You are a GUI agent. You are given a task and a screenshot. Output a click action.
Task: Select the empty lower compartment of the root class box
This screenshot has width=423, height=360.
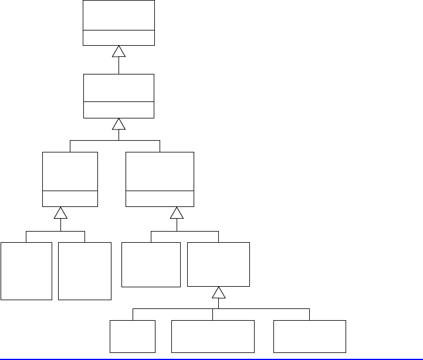[119, 38]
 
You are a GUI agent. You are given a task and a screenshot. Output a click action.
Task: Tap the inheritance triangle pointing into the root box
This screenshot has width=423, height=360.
[119, 52]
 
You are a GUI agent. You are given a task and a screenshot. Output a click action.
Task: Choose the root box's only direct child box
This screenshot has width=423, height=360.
[119, 88]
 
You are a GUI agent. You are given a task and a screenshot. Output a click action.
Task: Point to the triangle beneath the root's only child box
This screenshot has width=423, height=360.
[119, 124]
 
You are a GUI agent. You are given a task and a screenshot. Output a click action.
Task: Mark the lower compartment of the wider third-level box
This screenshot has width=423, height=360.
[160, 199]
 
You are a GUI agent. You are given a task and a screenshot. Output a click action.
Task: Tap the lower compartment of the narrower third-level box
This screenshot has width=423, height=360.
[70, 199]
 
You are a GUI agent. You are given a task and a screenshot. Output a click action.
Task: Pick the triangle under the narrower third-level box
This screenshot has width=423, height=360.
[60, 212]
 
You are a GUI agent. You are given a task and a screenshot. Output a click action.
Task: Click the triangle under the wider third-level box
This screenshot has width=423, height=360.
[177, 212]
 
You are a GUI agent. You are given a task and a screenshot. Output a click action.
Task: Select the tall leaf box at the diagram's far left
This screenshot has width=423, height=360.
[26, 270]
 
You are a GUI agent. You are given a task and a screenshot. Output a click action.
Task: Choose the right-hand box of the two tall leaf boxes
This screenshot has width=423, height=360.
[85, 270]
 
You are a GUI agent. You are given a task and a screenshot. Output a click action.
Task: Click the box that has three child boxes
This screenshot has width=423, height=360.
[218, 264]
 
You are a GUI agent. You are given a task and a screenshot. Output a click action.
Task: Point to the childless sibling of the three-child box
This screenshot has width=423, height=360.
[151, 264]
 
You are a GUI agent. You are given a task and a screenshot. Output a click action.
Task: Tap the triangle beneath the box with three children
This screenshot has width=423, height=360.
[218, 292]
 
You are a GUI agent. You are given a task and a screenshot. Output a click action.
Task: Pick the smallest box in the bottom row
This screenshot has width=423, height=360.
[133, 336]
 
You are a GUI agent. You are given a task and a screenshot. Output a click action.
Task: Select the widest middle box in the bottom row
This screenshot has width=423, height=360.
[212, 336]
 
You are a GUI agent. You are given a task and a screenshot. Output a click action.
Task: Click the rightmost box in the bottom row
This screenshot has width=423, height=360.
[310, 336]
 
